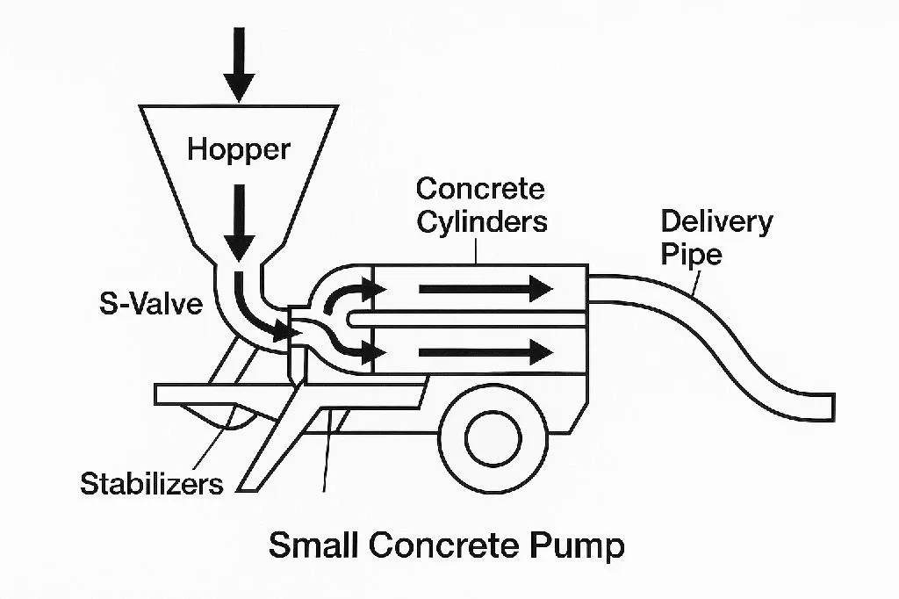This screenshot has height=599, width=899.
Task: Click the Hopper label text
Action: click(239, 150)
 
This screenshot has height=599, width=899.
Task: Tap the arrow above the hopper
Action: click(239, 64)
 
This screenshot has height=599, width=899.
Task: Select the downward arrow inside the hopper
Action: click(239, 222)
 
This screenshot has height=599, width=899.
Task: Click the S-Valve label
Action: click(151, 304)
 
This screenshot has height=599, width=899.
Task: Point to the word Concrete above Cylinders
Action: click(480, 189)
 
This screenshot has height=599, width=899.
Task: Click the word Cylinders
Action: click(482, 221)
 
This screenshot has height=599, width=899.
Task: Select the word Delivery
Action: click(716, 222)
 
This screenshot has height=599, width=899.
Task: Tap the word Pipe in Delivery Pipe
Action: click(691, 255)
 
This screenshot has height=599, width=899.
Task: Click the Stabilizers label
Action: click(151, 484)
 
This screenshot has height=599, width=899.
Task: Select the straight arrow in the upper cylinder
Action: click(485, 288)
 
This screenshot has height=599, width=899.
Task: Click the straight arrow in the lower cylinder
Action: click(485, 351)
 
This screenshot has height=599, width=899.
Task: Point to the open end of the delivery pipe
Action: click(832, 407)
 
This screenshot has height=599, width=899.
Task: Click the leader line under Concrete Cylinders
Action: click(476, 250)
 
